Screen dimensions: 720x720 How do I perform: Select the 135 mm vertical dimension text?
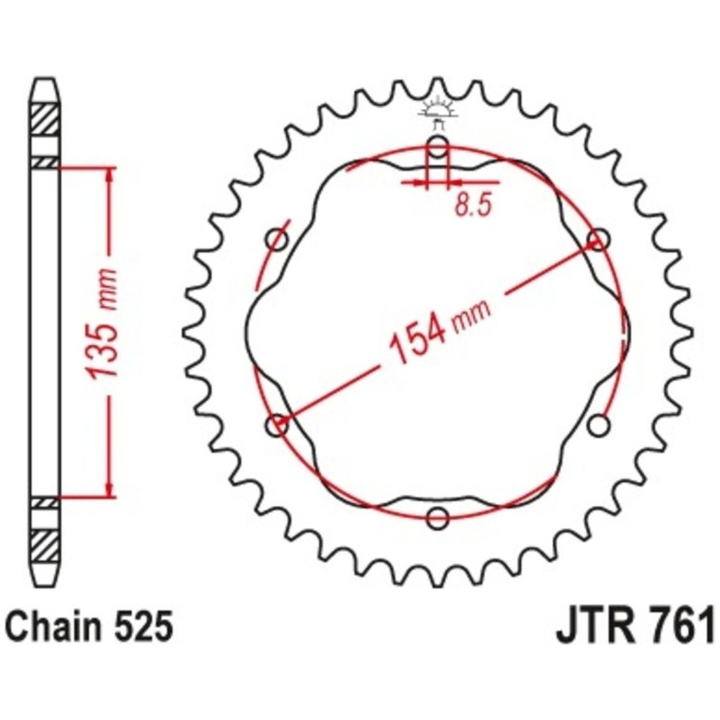point(102,324)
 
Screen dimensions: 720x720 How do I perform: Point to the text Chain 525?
point(89,626)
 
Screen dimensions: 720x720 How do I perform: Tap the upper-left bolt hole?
point(277,239)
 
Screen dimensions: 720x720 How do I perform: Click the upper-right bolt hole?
point(598,239)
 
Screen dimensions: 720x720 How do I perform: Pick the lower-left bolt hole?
point(277,425)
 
